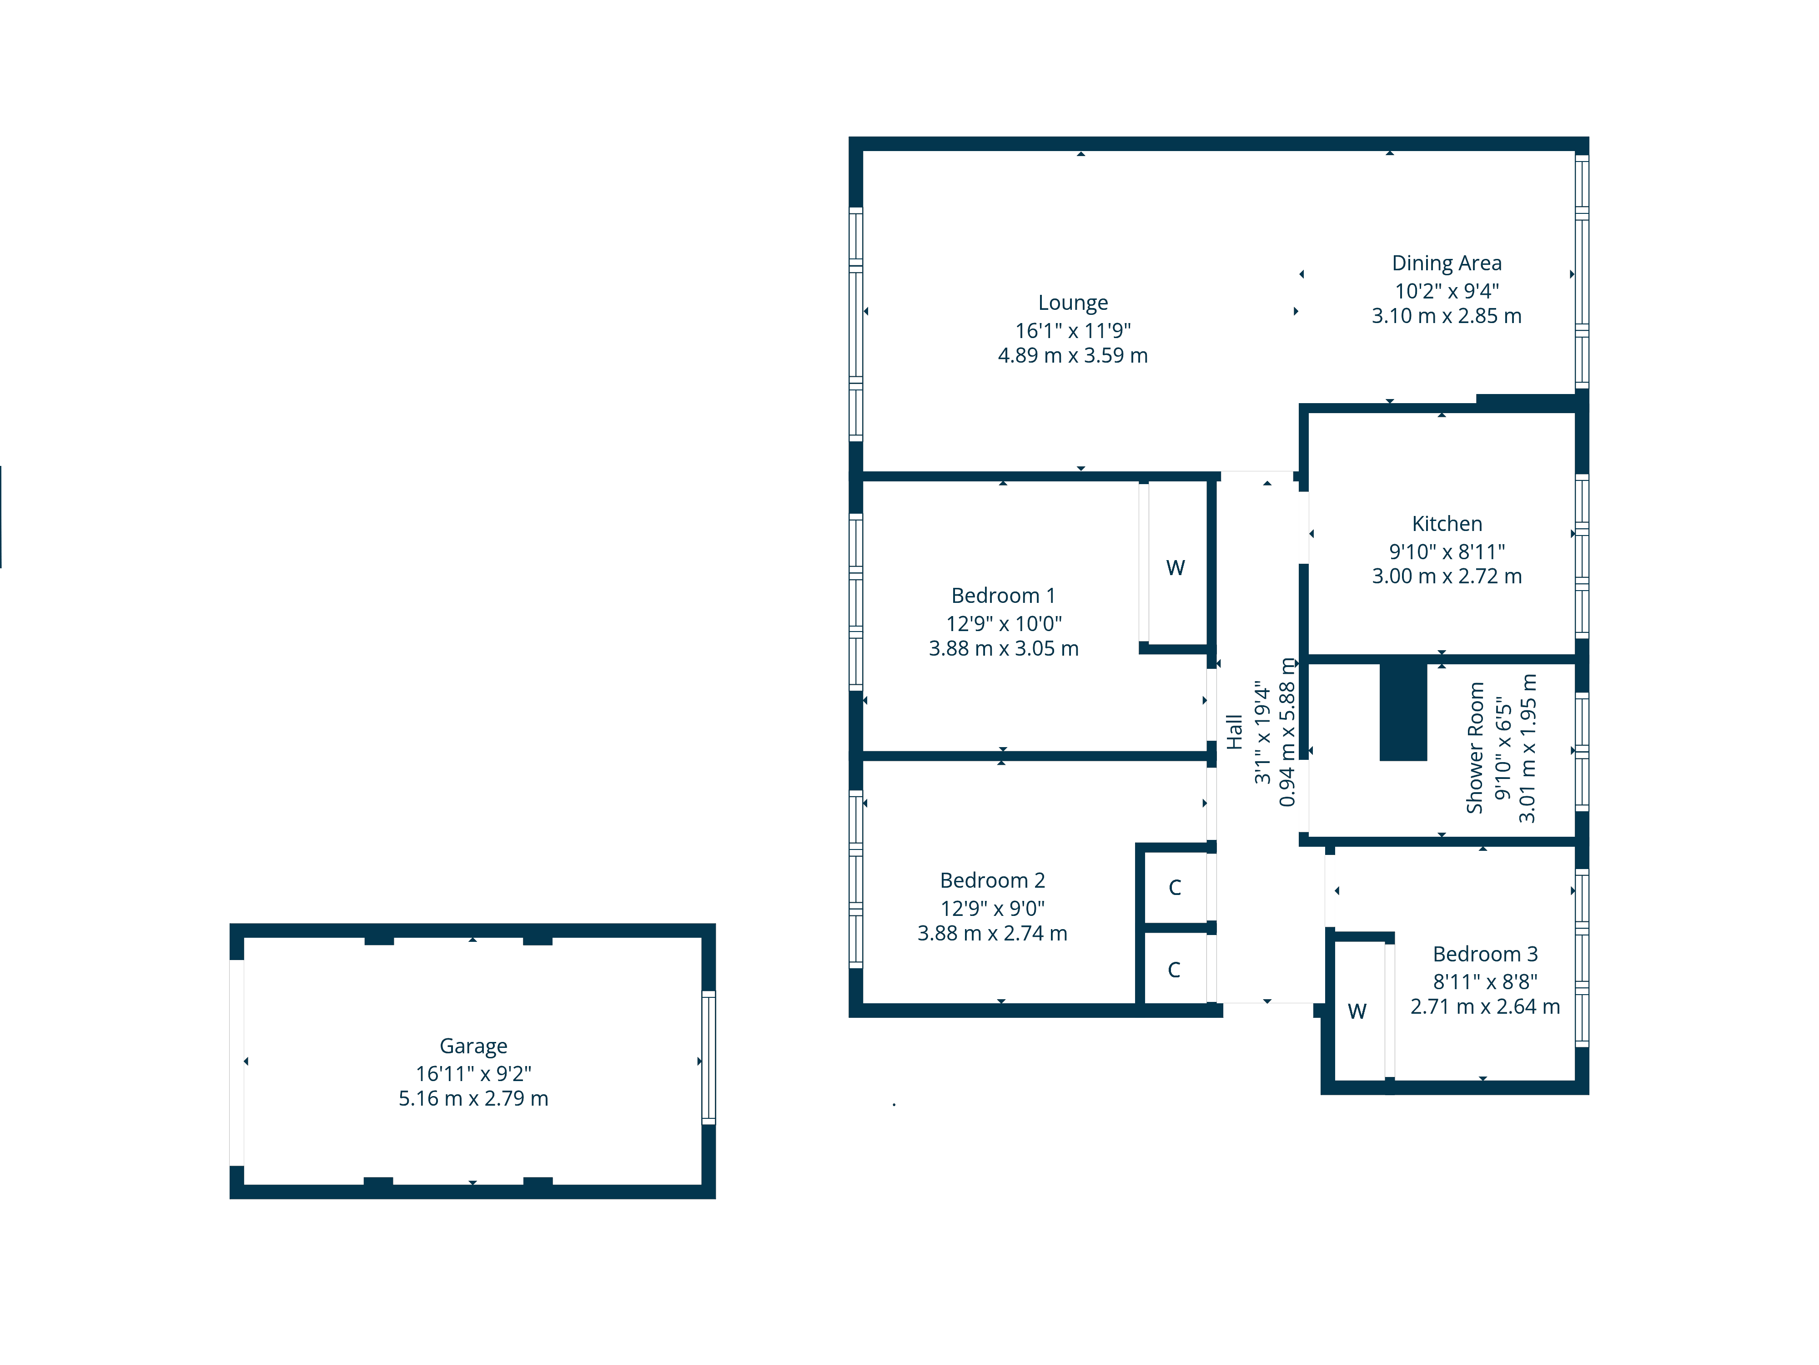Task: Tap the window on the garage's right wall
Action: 708,1058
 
